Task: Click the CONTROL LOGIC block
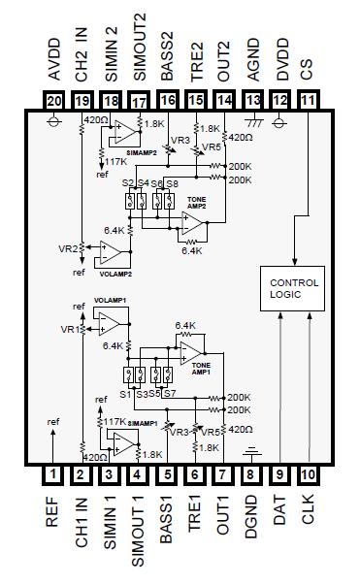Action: (x=293, y=289)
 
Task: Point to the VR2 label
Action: (x=68, y=248)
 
